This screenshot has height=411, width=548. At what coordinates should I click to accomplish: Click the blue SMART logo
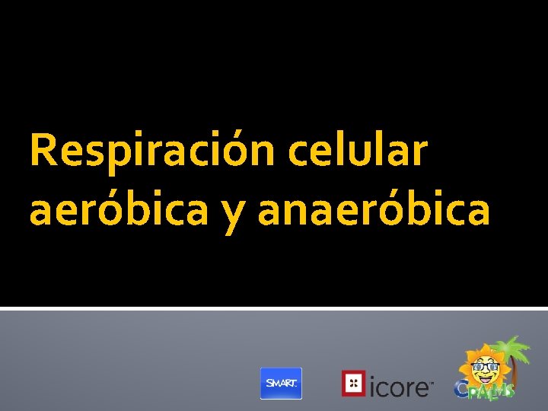(281, 383)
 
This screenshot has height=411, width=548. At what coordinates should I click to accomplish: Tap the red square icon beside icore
(352, 383)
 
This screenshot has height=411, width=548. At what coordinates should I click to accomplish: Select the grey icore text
(399, 386)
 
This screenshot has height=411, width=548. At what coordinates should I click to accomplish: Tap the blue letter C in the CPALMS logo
(462, 389)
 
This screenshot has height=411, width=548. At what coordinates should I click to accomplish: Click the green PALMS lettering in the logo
(493, 390)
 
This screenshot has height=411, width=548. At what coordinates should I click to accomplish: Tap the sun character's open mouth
(484, 380)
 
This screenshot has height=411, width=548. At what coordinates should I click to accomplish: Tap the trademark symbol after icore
(432, 381)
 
